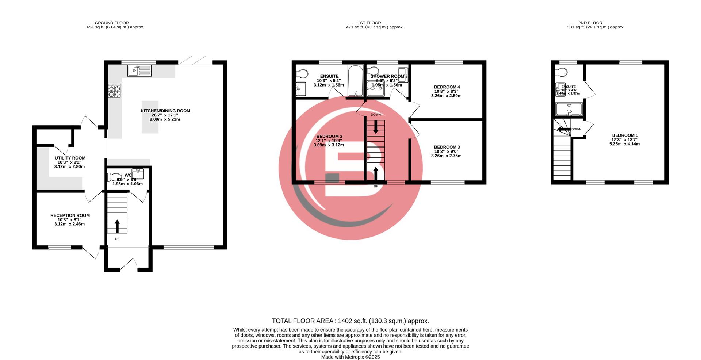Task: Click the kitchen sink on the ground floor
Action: [x=139, y=70]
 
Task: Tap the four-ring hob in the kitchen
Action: [x=114, y=91]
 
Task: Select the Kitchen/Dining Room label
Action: [x=165, y=111]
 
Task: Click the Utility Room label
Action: [x=70, y=158]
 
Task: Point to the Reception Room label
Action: [x=70, y=215]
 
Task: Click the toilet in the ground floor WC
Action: [x=115, y=177]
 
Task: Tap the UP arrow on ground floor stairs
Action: [x=117, y=226]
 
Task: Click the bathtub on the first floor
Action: [x=355, y=81]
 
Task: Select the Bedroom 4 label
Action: [x=447, y=87]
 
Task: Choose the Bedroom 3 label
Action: [x=447, y=147]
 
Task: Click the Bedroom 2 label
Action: [x=329, y=136]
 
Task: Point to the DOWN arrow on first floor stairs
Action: [x=376, y=128]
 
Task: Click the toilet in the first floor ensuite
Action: [x=302, y=74]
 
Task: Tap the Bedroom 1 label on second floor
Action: [x=625, y=135]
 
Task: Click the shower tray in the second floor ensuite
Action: [x=568, y=109]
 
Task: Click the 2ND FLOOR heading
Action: [x=590, y=23]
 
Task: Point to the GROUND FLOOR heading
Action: [x=112, y=23]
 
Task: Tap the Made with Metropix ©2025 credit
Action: [x=350, y=357]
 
